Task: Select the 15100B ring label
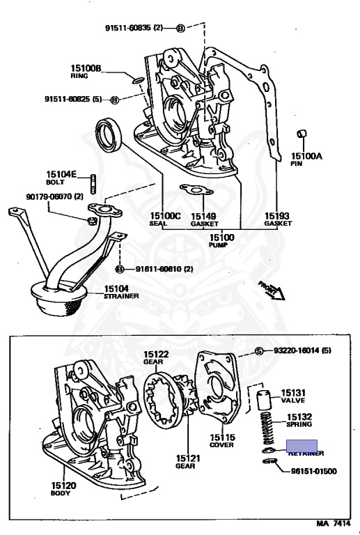(x=86, y=71)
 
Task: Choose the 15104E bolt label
(x=61, y=177)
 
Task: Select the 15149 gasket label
(x=203, y=219)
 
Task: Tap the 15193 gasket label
(x=277, y=219)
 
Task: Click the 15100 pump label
(x=221, y=241)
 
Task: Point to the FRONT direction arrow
(x=271, y=289)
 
